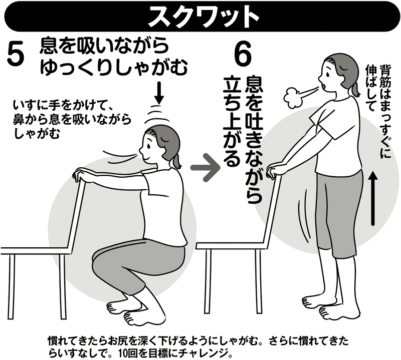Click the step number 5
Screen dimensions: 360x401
click(x=17, y=54)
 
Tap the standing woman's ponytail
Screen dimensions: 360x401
click(x=355, y=89)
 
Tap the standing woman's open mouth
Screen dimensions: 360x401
click(x=325, y=86)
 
